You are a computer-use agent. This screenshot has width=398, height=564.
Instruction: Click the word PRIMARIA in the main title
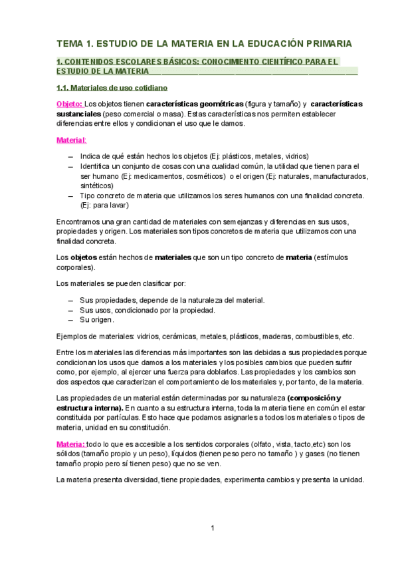click(324, 44)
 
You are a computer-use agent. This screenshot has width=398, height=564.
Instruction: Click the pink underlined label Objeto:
click(69, 104)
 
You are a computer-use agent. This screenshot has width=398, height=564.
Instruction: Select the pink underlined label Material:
click(70, 140)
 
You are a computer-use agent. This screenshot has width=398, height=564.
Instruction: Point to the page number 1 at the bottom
click(211, 528)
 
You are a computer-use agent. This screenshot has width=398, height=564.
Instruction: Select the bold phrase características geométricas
click(194, 104)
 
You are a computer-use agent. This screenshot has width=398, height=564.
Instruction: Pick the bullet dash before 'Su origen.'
click(70, 319)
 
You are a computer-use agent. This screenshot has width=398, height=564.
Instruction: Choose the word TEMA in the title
click(70, 44)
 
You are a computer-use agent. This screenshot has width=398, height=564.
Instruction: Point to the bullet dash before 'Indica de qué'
click(70, 156)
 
